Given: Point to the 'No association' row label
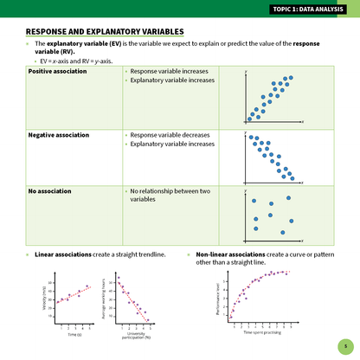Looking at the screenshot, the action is pos(49,190).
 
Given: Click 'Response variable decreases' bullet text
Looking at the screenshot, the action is pos(170,136).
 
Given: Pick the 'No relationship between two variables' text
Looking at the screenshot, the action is pos(170,195).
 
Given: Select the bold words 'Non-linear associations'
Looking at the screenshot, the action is pos(230,254).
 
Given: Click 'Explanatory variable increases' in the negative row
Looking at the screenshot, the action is pos(171,145).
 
